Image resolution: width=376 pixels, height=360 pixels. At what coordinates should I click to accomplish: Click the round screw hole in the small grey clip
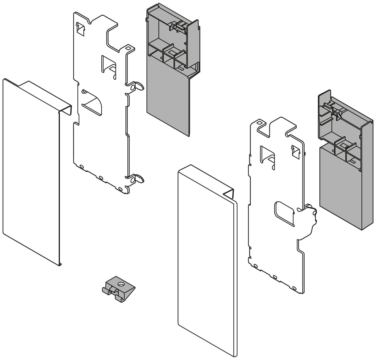tap(120, 284)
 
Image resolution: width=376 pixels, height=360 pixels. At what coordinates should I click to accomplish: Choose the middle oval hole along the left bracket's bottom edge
tap(101, 178)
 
